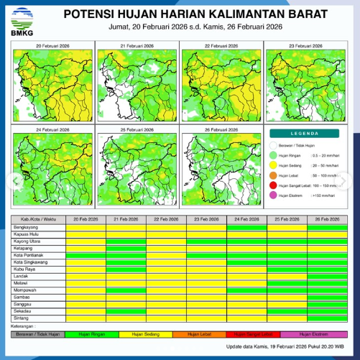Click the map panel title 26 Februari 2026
point(221,129)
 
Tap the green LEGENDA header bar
point(305,134)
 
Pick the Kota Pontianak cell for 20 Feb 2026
point(86,254)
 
